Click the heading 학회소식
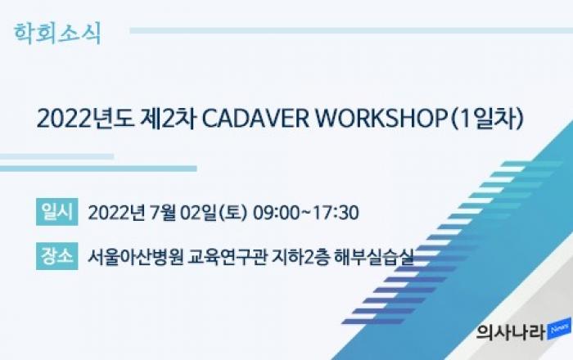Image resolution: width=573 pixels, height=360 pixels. pos(57,34)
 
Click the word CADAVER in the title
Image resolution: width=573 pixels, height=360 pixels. pos(255,119)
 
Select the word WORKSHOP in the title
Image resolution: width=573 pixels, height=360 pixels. pos(381,119)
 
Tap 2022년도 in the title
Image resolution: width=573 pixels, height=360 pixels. pos(85,119)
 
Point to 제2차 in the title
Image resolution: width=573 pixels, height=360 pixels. pos(169,119)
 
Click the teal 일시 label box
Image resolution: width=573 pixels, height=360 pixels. pos(57,212)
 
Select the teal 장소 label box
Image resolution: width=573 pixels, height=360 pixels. pos(57,256)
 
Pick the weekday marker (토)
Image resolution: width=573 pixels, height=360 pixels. pos(232,213)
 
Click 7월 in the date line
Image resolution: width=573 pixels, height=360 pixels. pos(162,213)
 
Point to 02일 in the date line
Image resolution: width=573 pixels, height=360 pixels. pos(199,213)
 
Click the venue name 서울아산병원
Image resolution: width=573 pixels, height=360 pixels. pos(135,257)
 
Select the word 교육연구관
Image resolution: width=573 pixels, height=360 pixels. pos(228,257)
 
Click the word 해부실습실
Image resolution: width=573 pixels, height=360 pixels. pos(374,257)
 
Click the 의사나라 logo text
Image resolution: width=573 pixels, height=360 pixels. pos(511,332)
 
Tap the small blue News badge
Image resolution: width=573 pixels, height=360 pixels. pos(559,329)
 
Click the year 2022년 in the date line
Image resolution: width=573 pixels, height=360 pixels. pos(116,213)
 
